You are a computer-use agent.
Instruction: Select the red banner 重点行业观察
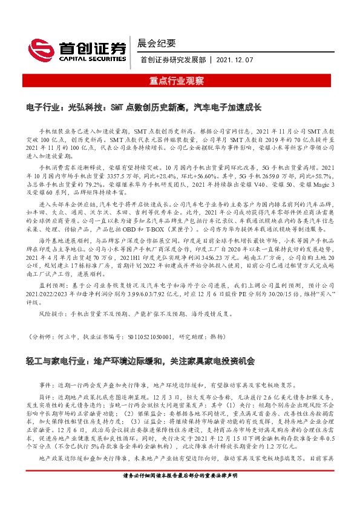(x=179, y=80)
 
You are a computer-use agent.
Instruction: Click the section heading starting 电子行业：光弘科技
(x=143, y=107)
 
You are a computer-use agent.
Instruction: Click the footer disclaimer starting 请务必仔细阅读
(x=180, y=493)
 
